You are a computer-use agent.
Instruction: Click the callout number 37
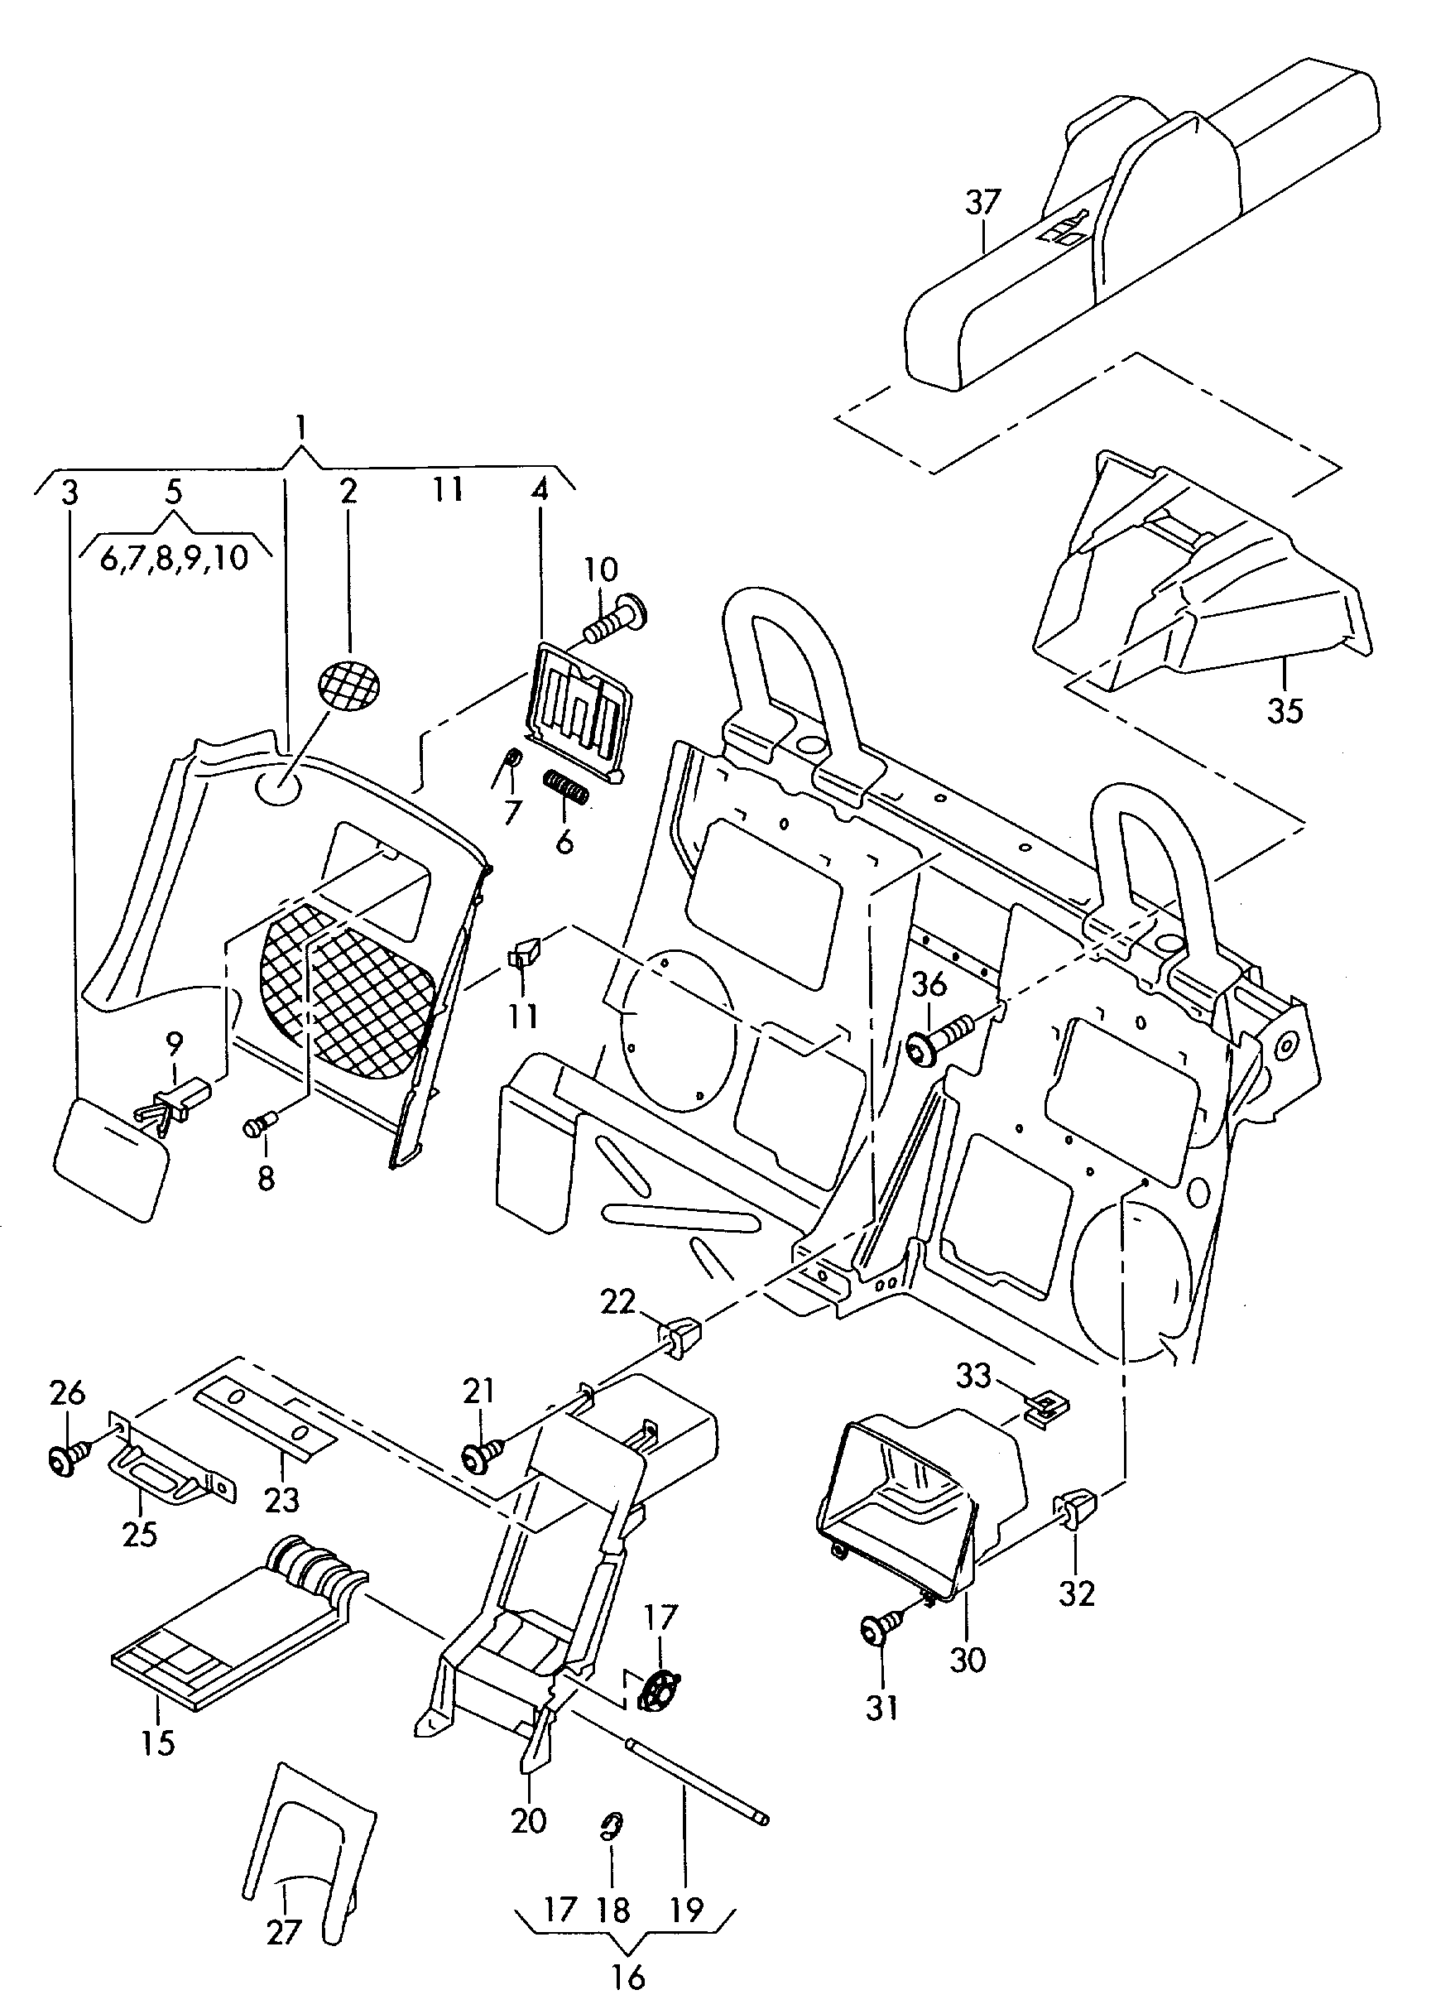tap(982, 203)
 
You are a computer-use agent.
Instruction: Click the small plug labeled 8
tap(260, 1125)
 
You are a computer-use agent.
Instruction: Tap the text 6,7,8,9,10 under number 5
tap(173, 559)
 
